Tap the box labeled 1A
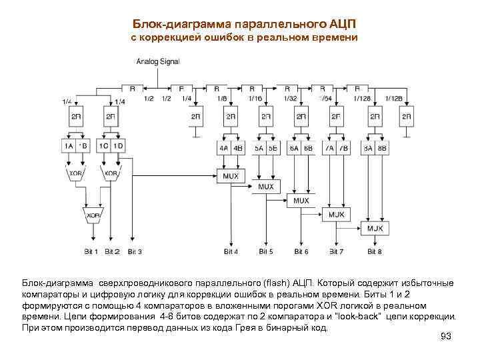(69, 146)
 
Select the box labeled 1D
(119, 146)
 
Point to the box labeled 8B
(381, 147)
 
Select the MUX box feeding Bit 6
(301, 201)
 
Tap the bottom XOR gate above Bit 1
(93, 216)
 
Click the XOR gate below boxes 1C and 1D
(111, 173)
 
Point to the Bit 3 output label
(135, 251)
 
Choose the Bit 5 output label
(266, 251)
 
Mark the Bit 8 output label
(374, 251)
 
